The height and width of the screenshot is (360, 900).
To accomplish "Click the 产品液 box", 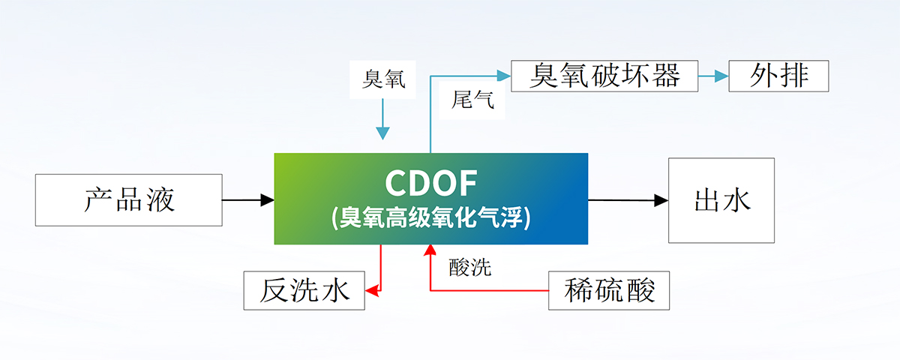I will click(x=129, y=199).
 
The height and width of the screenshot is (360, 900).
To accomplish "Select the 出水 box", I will click(x=721, y=199).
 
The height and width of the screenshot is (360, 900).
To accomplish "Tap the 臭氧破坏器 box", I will click(x=604, y=76).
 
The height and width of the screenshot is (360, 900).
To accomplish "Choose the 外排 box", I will click(x=778, y=76).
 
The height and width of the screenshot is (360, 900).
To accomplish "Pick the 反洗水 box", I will click(x=304, y=291).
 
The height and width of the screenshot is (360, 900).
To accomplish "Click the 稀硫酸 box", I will click(x=608, y=291).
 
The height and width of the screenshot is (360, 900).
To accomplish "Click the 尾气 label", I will click(x=473, y=100).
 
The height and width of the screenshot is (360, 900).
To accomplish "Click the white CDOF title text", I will click(x=430, y=183).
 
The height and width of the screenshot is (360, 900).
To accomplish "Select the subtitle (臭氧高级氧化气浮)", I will click(x=430, y=218).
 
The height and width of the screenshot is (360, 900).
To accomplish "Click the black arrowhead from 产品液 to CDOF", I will click(x=268, y=199).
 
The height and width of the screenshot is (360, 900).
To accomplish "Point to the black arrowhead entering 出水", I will click(x=661, y=200).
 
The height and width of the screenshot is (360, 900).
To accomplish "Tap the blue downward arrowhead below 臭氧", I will click(x=383, y=133).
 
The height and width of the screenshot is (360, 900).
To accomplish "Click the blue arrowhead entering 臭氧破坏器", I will click(x=503, y=76).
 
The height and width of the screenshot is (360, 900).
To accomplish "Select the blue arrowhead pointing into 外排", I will click(x=721, y=76).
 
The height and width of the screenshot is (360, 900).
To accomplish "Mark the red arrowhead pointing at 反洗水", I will click(x=370, y=290).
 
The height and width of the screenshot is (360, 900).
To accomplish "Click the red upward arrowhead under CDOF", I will click(x=430, y=250).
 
